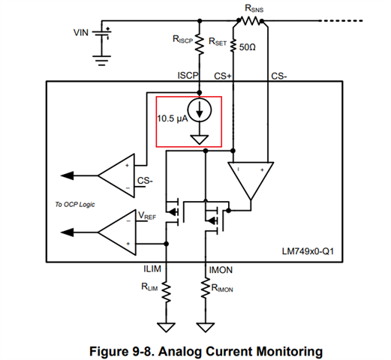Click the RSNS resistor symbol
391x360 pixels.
tap(250, 21)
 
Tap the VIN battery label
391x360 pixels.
tap(81, 33)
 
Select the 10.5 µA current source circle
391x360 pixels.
tap(200, 110)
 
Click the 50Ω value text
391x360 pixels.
tap(247, 47)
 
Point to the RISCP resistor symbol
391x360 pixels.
tap(200, 44)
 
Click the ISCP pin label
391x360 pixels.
tap(188, 75)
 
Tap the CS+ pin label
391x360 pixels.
tap(223, 76)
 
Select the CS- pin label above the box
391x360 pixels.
tap(279, 76)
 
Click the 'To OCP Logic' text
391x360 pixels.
tap(75, 205)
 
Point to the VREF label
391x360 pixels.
tap(147, 215)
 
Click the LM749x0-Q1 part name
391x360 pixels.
tap(308, 251)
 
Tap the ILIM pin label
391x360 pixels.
tap(152, 268)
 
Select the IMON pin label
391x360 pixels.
tap(221, 270)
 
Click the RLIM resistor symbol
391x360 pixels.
tap(166, 292)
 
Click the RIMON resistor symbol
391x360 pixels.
tap(206, 287)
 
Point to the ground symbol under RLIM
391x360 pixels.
tap(166, 328)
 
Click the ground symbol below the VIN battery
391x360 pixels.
tap(101, 61)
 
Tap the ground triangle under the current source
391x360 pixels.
tap(200, 139)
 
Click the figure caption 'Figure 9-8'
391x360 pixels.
tap(121, 351)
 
